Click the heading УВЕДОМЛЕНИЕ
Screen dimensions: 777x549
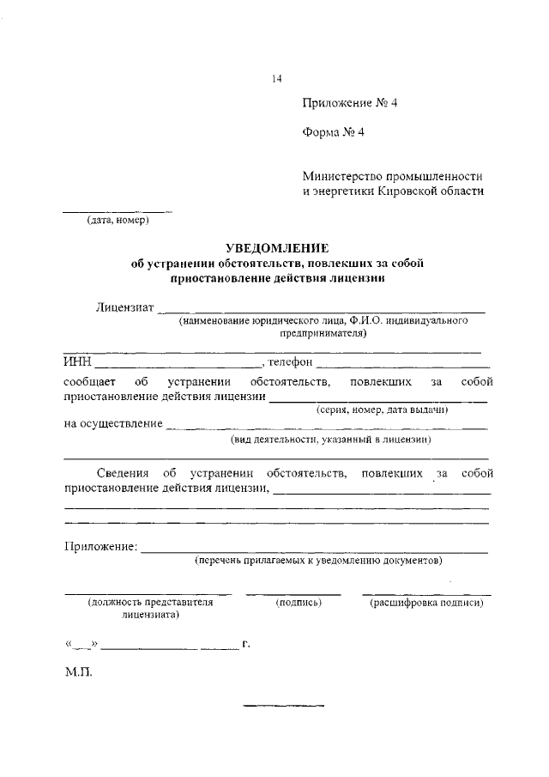(x=276, y=248)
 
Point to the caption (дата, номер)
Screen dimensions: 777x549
(x=118, y=221)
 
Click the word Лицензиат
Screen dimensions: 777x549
(x=124, y=307)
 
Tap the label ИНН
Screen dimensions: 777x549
(x=78, y=364)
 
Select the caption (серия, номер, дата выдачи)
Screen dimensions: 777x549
(x=382, y=410)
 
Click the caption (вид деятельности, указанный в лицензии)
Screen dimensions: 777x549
(x=330, y=440)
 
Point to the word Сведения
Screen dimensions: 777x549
(x=121, y=473)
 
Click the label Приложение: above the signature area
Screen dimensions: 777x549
(x=100, y=546)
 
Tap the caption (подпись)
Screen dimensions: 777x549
(x=298, y=604)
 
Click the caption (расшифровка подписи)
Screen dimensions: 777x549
(x=426, y=604)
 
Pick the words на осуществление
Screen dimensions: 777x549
(x=112, y=423)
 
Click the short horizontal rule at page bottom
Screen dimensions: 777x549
(x=283, y=706)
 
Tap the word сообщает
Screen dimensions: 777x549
(x=89, y=380)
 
